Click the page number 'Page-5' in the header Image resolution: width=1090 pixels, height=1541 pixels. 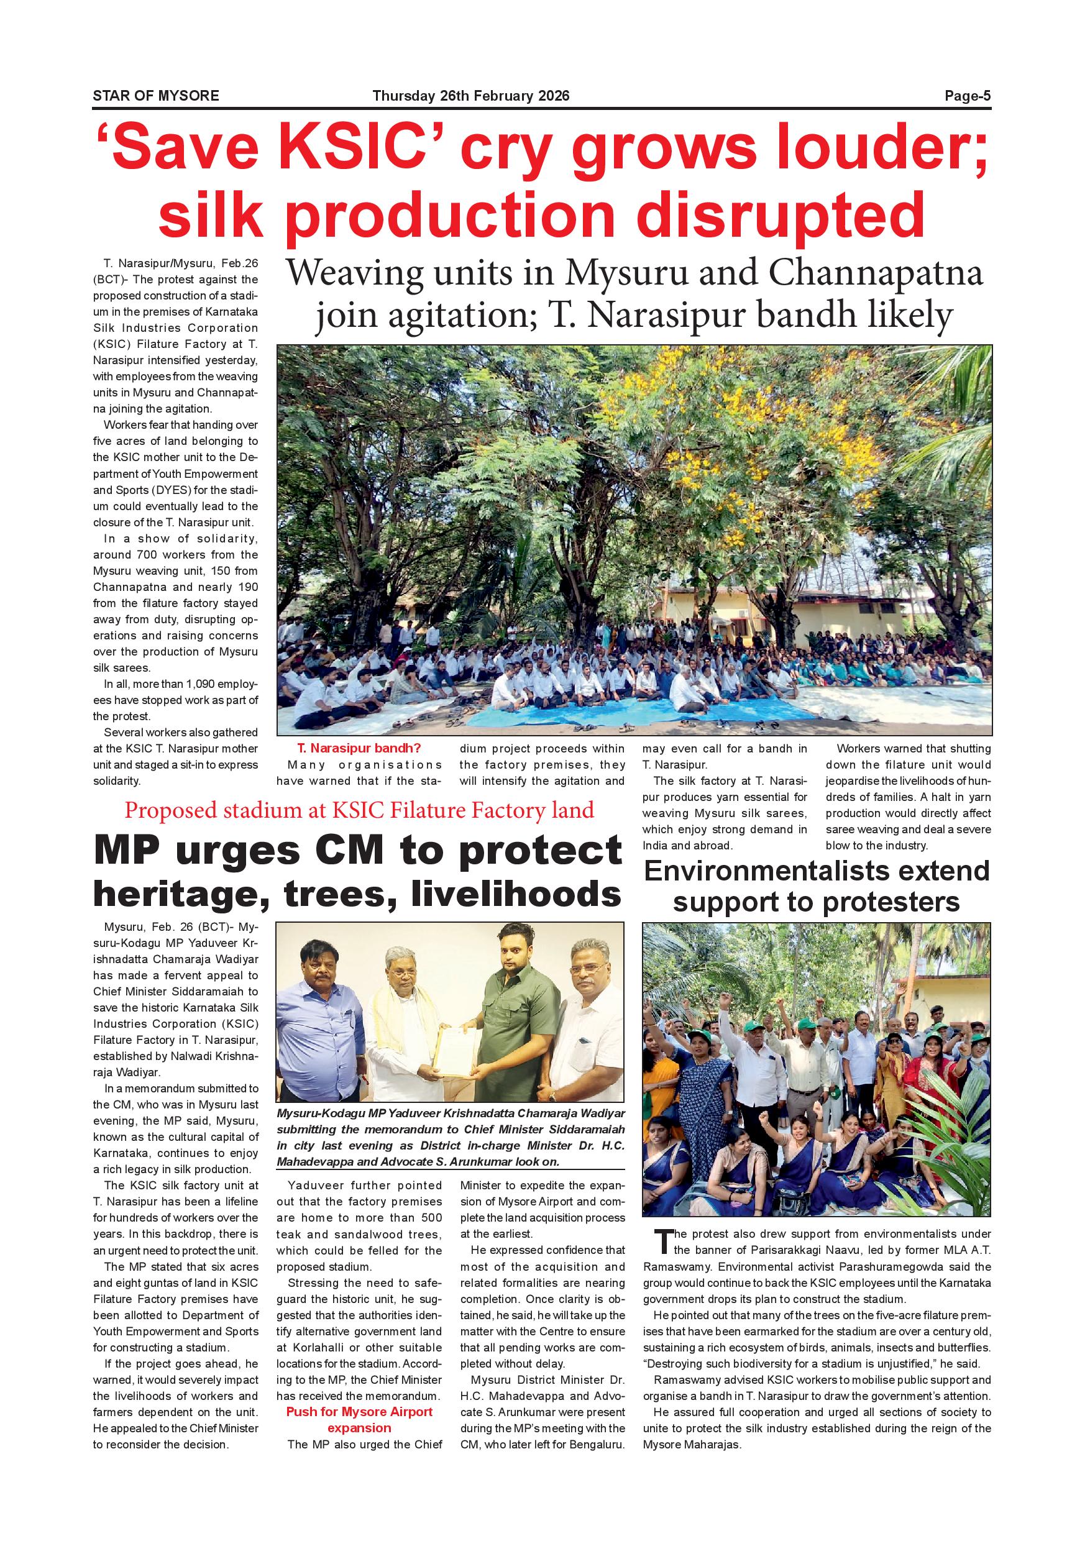tap(967, 96)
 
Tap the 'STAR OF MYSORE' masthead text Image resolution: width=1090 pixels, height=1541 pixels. tap(156, 96)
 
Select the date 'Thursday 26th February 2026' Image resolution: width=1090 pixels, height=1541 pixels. tap(470, 96)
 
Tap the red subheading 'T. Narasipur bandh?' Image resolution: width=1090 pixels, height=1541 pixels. tap(360, 748)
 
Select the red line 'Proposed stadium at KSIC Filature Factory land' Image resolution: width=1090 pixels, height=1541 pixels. tap(359, 810)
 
